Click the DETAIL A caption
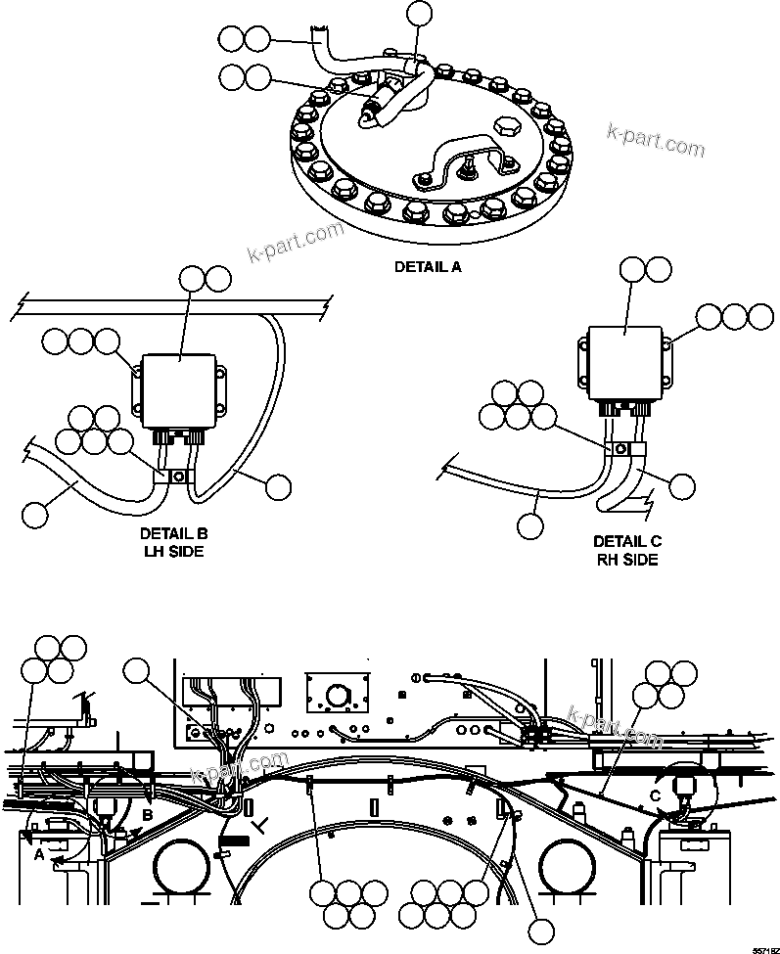[427, 266]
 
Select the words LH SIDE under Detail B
[172, 552]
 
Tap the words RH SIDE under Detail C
[626, 560]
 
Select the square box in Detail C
[627, 362]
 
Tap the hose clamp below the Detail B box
[178, 477]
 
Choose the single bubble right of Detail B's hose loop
[279, 486]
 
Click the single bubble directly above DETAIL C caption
[530, 524]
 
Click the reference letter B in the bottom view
[149, 814]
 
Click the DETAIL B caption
[173, 535]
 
